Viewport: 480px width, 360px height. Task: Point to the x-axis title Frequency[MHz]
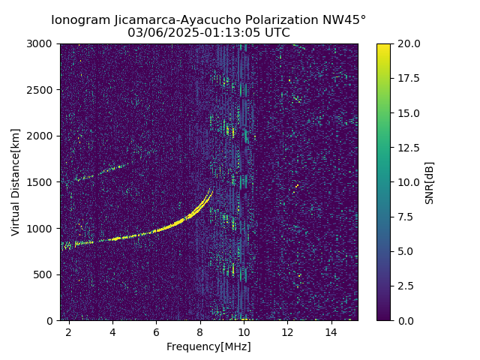[208, 346]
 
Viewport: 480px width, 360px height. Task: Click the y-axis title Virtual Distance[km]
[16, 182]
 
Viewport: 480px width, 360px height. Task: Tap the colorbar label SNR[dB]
[430, 182]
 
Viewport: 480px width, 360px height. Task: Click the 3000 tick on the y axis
[41, 43]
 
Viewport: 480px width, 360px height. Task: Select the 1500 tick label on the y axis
[41, 182]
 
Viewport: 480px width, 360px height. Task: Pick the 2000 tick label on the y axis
[41, 136]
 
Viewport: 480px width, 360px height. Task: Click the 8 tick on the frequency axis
[200, 331]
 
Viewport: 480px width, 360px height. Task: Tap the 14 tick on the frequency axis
[331, 331]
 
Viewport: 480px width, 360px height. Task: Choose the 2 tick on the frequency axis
[69, 331]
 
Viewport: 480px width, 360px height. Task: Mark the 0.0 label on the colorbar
[406, 320]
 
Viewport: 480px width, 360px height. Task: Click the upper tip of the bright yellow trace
[211, 191]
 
